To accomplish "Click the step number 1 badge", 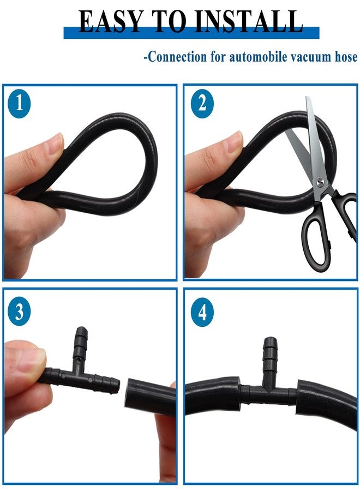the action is click(x=19, y=103).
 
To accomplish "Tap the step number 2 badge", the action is click(x=202, y=103).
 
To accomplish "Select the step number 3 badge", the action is click(x=19, y=312).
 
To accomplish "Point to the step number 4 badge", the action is click(x=202, y=312).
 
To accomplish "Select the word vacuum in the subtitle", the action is click(x=310, y=58).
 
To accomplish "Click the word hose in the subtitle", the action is click(x=346, y=57).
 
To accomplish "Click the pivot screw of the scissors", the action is click(x=320, y=181).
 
